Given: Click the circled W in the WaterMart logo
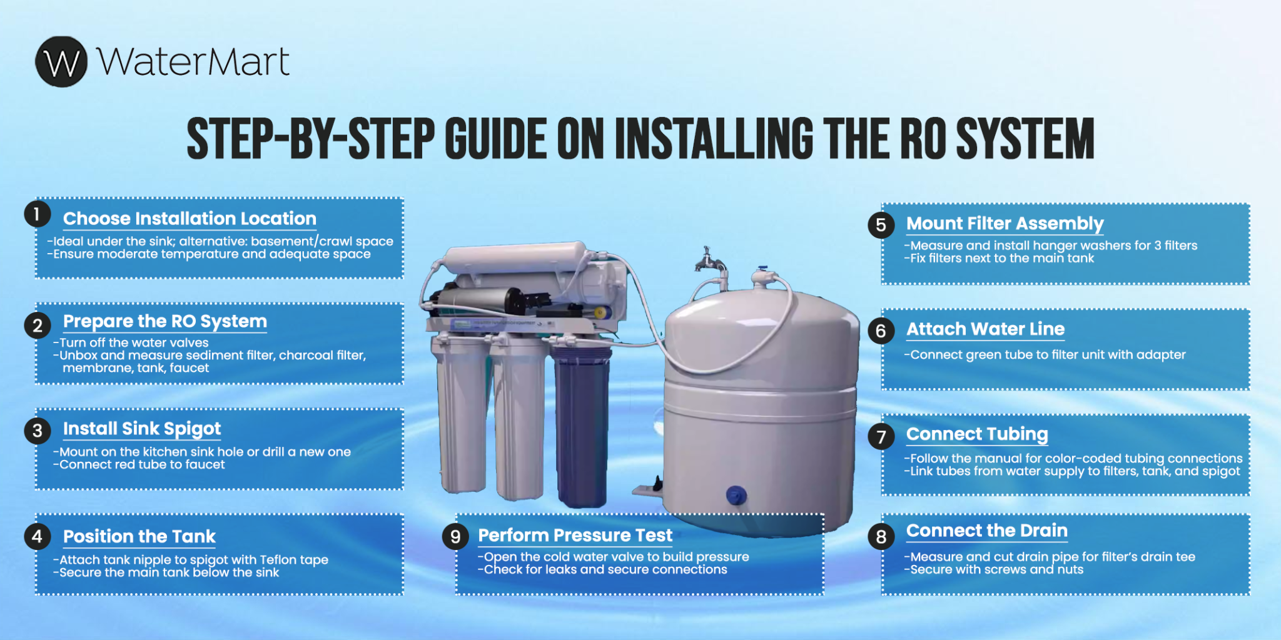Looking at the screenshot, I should pyautogui.click(x=61, y=62).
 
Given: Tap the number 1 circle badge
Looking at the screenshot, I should pyautogui.click(x=37, y=214).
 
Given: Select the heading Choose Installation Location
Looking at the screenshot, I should pyautogui.click(x=190, y=219).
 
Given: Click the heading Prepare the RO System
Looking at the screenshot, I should pyautogui.click(x=165, y=321).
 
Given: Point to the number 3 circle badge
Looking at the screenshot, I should pyautogui.click(x=38, y=430).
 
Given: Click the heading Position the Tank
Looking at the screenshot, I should pyautogui.click(x=139, y=536).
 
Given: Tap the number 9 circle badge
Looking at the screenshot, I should pyautogui.click(x=455, y=537).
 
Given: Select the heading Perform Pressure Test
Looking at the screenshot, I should pyautogui.click(x=575, y=536).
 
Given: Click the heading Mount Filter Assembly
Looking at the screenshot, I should pyautogui.click(x=1005, y=224).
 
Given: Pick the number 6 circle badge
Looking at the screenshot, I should pyautogui.click(x=881, y=331).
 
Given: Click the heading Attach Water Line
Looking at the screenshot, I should pyautogui.click(x=985, y=329).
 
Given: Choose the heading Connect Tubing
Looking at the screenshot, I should pyautogui.click(x=977, y=434).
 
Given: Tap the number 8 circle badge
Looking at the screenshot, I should pyautogui.click(x=881, y=537).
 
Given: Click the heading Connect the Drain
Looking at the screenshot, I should pyautogui.click(x=986, y=531).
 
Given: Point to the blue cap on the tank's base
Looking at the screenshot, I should pyautogui.click(x=736, y=496).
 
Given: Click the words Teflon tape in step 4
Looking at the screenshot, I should pyautogui.click(x=293, y=560).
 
